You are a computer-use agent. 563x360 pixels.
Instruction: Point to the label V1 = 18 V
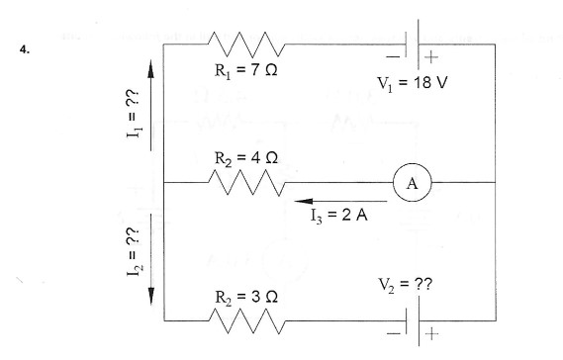[413, 80]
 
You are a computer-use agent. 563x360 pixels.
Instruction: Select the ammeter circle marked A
[408, 183]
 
